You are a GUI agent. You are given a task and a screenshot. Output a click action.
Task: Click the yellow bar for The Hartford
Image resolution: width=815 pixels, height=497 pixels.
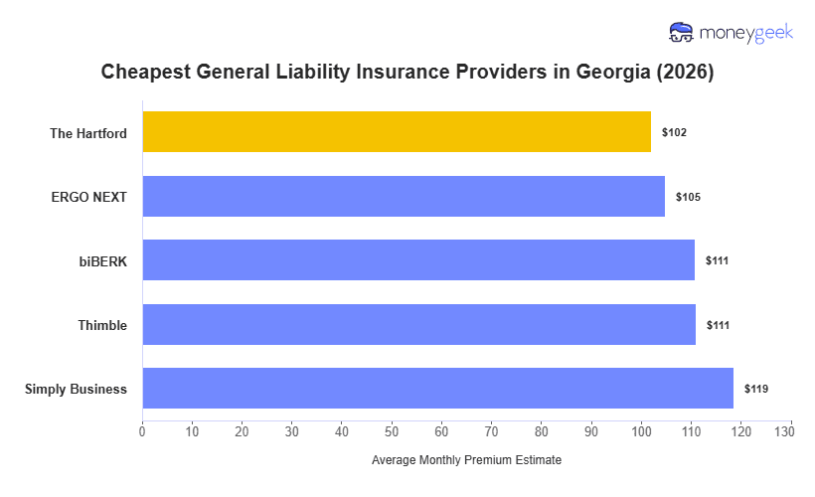(x=397, y=132)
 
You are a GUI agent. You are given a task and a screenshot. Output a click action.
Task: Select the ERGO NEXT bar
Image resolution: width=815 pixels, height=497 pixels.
(x=404, y=197)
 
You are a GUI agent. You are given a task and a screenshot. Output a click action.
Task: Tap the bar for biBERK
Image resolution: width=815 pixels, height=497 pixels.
(x=418, y=260)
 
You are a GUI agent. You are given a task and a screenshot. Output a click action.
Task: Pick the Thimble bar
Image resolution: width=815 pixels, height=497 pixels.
(x=418, y=325)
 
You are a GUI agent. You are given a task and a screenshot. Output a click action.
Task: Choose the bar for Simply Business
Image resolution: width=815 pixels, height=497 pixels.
(x=437, y=389)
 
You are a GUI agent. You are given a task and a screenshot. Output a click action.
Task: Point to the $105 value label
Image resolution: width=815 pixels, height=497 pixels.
(x=688, y=197)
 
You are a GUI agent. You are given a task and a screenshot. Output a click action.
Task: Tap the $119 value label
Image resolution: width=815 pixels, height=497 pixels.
(x=756, y=389)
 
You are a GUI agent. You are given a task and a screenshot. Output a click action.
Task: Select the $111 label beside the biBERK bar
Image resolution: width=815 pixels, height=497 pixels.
(x=718, y=260)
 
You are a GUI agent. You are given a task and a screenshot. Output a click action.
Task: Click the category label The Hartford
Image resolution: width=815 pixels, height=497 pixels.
(x=88, y=133)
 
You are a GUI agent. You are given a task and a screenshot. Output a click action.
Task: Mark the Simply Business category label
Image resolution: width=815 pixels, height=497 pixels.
(x=76, y=390)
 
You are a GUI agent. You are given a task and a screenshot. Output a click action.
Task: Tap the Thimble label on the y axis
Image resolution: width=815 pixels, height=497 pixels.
(x=102, y=325)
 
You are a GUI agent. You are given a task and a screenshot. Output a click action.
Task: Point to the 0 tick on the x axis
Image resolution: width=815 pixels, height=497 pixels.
(x=142, y=431)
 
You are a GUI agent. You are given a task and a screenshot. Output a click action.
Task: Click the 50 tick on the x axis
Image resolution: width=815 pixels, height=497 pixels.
(x=392, y=431)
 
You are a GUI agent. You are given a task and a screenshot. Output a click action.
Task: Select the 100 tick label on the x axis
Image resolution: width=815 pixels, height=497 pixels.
(x=641, y=431)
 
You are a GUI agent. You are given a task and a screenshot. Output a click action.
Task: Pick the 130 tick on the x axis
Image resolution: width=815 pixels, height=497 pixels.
(x=790, y=431)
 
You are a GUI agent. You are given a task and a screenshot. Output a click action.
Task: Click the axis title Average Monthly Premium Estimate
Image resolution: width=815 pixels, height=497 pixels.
(x=466, y=461)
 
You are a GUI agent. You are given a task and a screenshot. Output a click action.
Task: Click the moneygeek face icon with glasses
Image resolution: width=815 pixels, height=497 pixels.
(x=682, y=33)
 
